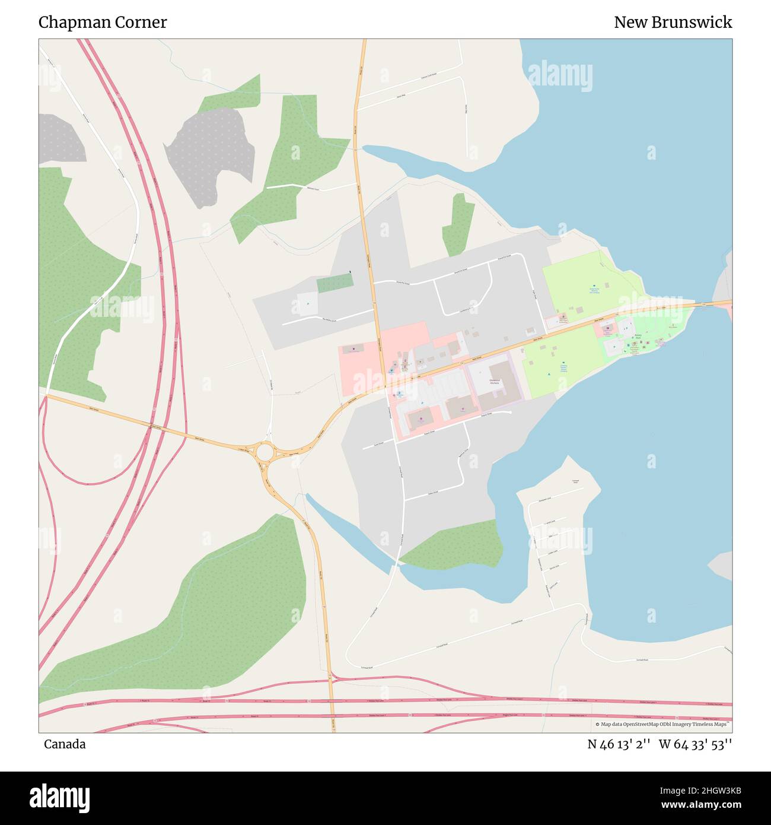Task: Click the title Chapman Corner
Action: [x=103, y=23]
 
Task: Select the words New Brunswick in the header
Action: [x=673, y=23]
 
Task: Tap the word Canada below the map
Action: [x=65, y=744]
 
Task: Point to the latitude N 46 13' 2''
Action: [x=619, y=744]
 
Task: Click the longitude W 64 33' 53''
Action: [x=695, y=744]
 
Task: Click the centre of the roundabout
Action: [x=265, y=453]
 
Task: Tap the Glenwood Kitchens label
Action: [x=494, y=382]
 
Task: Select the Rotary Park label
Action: [x=638, y=336]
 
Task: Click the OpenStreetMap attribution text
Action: [x=663, y=724]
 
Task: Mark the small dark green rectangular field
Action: [x=334, y=283]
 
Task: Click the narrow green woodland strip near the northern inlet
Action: [x=458, y=224]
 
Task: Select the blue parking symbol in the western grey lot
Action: [x=308, y=304]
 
